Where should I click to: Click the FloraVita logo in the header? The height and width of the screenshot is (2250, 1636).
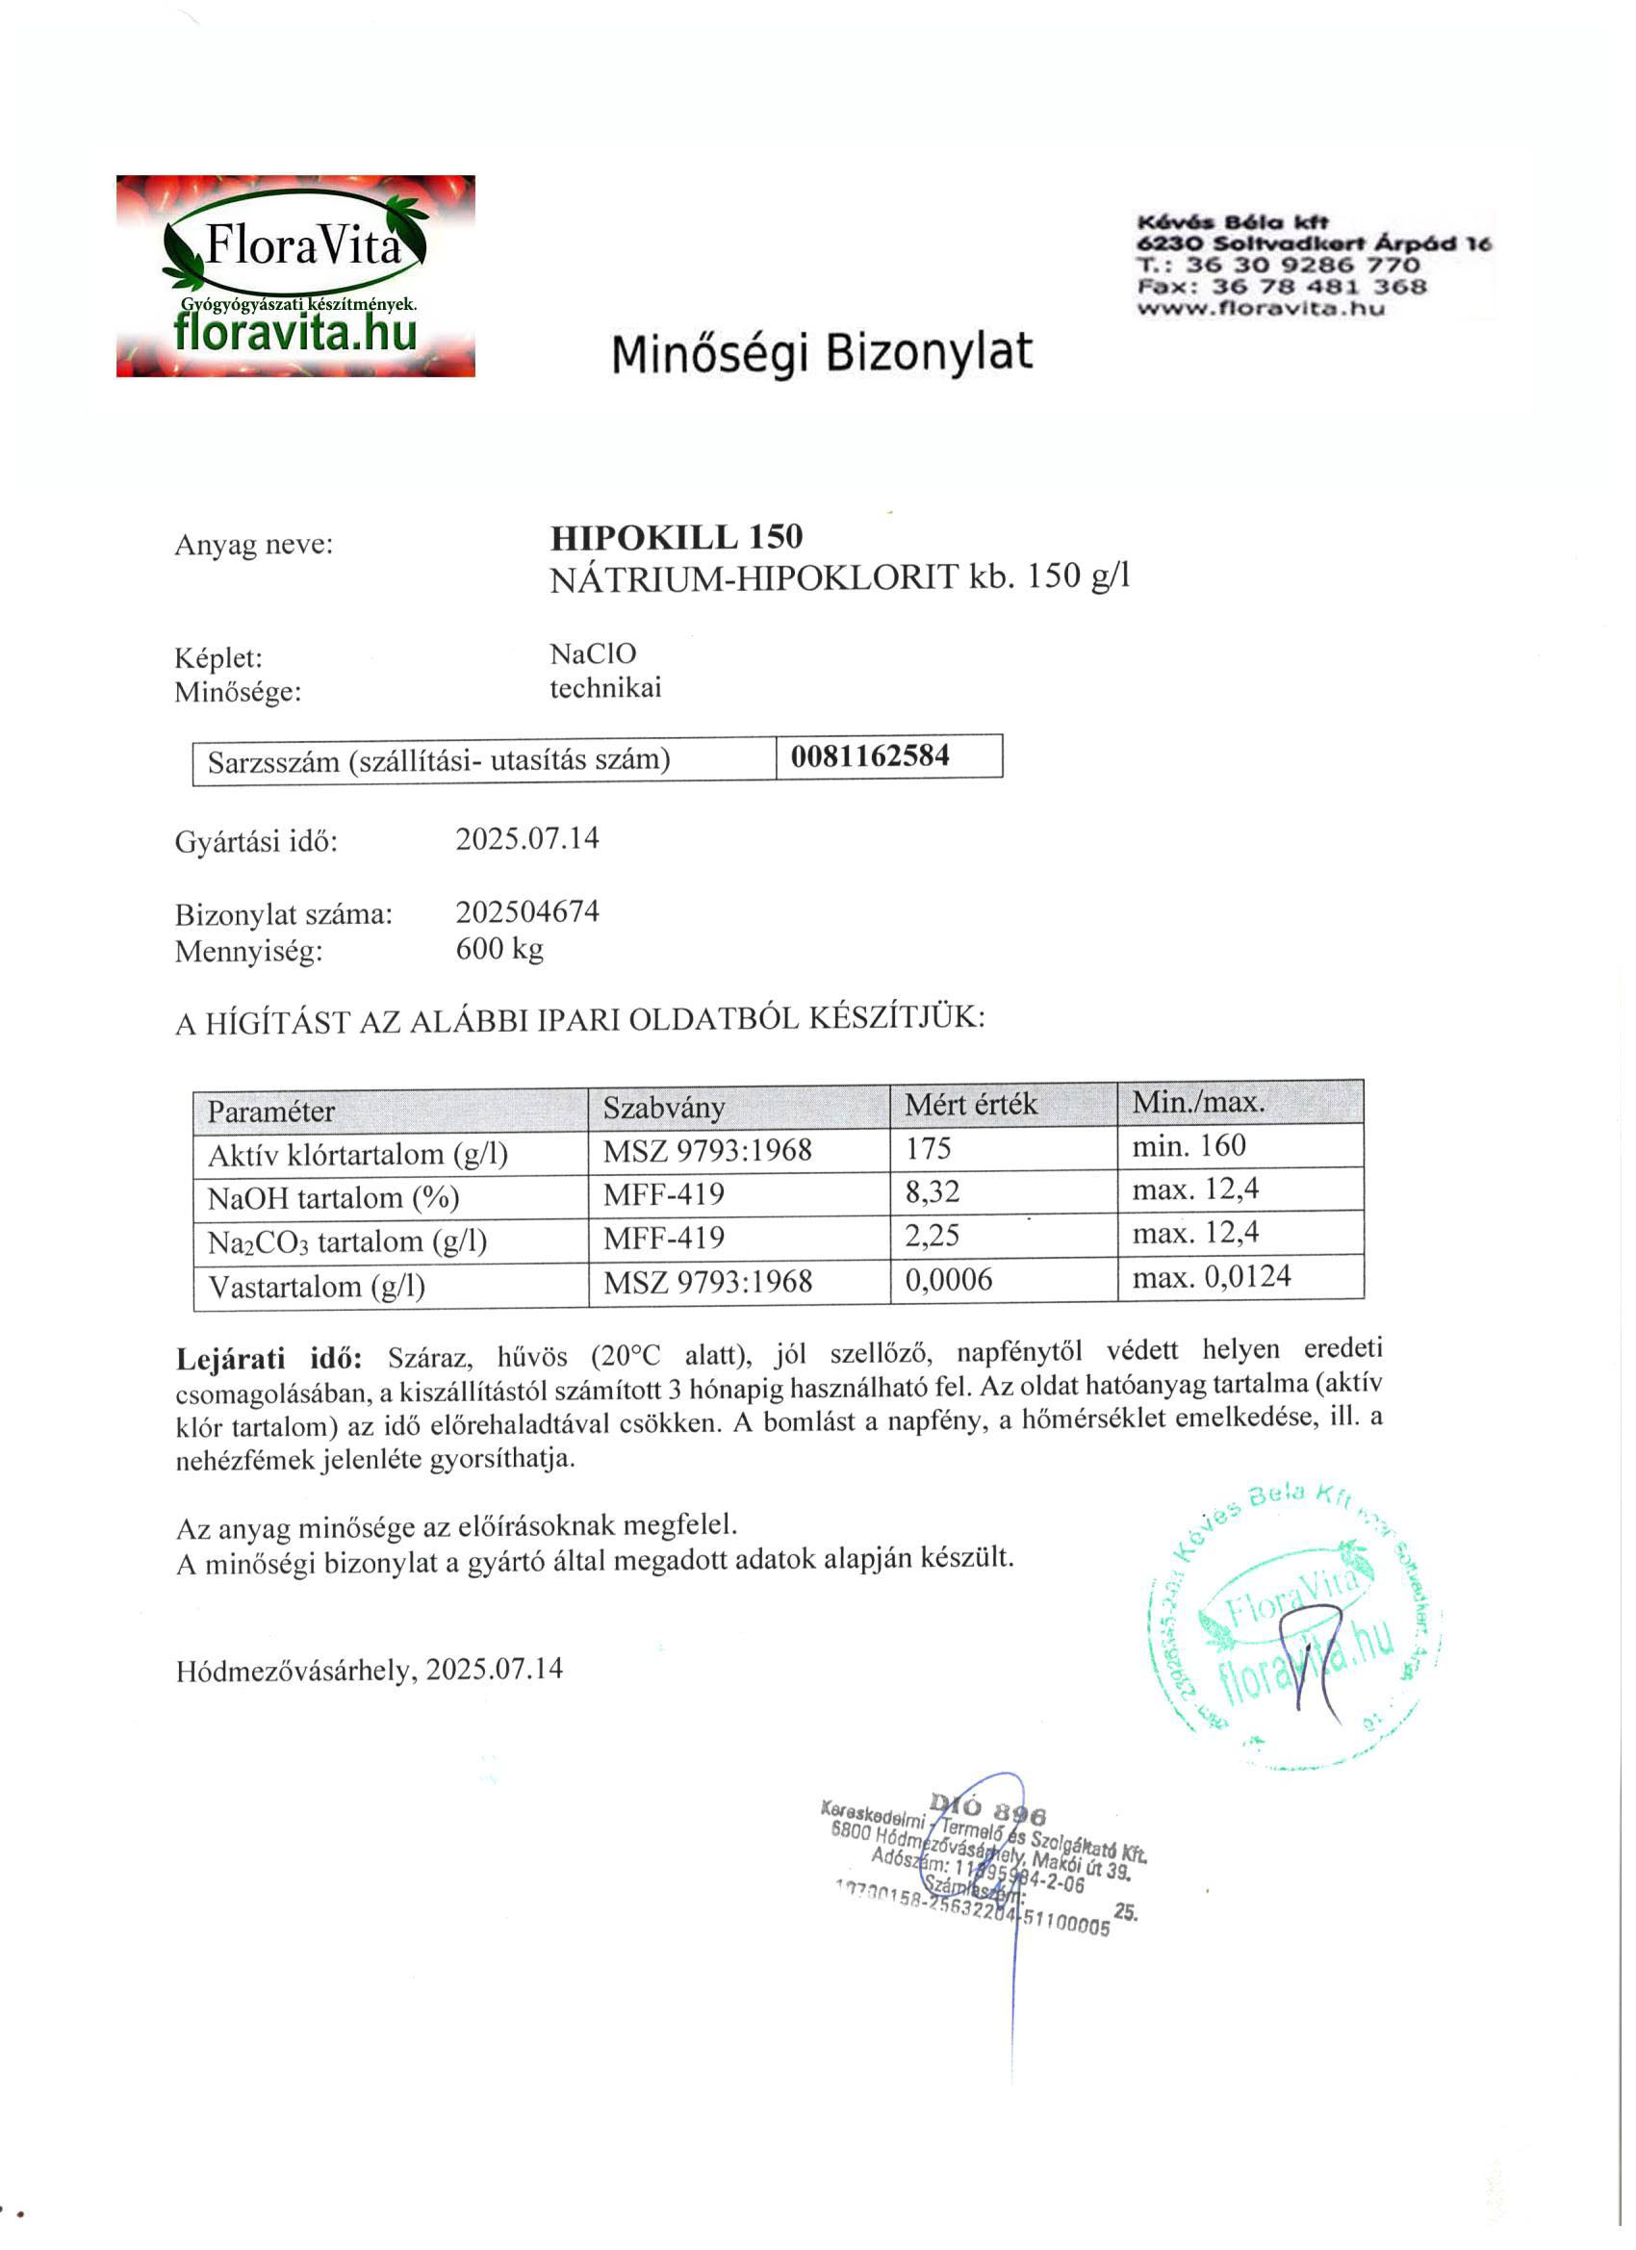(294, 276)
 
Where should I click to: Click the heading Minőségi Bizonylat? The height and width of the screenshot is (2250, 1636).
(822, 353)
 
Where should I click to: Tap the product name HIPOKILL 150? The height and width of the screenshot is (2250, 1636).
(677, 537)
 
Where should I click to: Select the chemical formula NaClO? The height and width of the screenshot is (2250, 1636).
(593, 653)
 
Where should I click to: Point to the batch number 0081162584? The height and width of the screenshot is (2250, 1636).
(870, 757)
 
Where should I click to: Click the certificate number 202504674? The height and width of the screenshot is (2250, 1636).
(526, 911)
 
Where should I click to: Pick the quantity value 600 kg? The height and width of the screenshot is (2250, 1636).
(499, 950)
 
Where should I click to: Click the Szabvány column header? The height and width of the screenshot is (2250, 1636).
(664, 1107)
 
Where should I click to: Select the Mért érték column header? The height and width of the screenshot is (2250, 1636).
(970, 1104)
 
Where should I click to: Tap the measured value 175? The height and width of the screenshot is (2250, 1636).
(928, 1149)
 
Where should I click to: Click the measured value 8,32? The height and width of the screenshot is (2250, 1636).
(932, 1191)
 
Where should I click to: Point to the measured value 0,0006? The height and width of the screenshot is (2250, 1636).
(948, 1280)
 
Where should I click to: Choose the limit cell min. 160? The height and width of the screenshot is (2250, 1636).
(1189, 1146)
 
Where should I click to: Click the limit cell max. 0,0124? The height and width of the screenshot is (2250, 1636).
(1212, 1277)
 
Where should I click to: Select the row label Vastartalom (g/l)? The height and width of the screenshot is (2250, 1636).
(317, 1287)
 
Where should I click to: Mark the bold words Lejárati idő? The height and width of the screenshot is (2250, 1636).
(269, 1358)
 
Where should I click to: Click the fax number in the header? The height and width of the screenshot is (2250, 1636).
(1282, 287)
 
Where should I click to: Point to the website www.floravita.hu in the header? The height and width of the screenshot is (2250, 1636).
(1260, 309)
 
